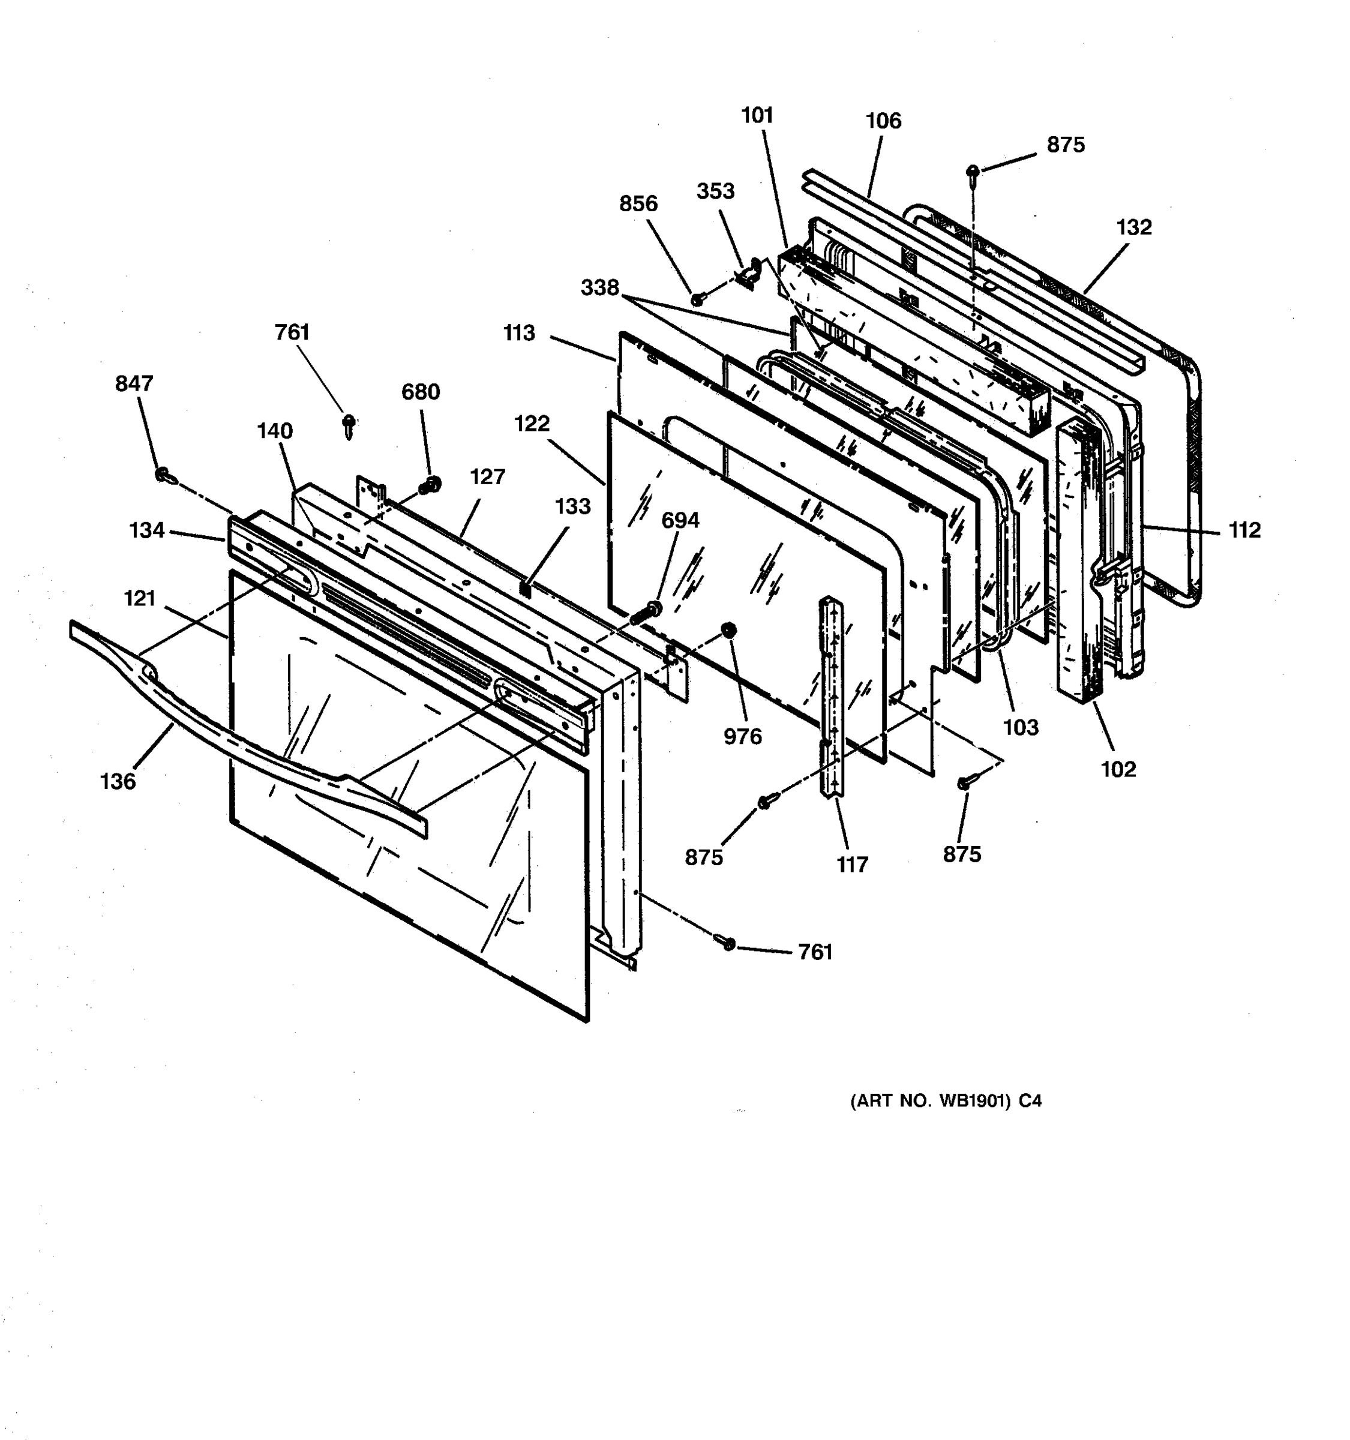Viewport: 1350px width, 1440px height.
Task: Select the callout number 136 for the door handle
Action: tap(118, 782)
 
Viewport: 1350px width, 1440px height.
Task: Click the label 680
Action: tap(420, 392)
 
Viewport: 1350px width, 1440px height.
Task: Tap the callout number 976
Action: tap(742, 737)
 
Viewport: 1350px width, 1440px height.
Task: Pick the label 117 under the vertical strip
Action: tap(852, 865)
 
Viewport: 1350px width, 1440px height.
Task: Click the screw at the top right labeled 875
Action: tap(973, 171)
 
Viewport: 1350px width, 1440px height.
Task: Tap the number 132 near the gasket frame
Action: tap(1133, 227)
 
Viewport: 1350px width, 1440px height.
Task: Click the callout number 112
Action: tap(1244, 530)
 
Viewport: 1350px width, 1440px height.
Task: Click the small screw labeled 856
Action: tap(697, 298)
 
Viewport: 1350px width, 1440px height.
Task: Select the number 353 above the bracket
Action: tap(716, 191)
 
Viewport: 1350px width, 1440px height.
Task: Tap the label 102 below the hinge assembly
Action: tap(1118, 769)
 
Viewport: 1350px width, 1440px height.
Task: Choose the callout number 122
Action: tap(532, 424)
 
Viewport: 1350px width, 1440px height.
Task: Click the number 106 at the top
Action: tap(884, 121)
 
